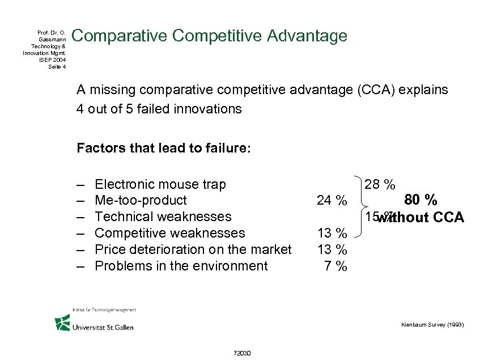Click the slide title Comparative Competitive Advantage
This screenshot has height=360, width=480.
coord(210,36)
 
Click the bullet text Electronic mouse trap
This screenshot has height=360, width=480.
coord(160,184)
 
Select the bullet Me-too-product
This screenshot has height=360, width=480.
coord(141,201)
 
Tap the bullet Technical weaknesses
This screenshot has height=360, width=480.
coord(163,217)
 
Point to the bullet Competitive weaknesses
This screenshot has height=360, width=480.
coord(170,233)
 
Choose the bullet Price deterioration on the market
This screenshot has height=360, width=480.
coord(193,249)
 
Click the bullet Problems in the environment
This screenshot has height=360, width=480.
coord(181,266)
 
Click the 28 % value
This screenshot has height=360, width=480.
coord(380,184)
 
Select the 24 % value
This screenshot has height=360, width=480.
coord(332,201)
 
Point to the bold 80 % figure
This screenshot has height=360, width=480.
coord(420,200)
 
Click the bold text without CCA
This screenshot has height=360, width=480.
coord(422,218)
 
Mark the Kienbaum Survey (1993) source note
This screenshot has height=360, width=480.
coord(432,325)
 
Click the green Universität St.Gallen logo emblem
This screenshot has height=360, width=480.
coord(62,323)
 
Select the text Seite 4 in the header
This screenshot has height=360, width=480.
coord(57,66)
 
